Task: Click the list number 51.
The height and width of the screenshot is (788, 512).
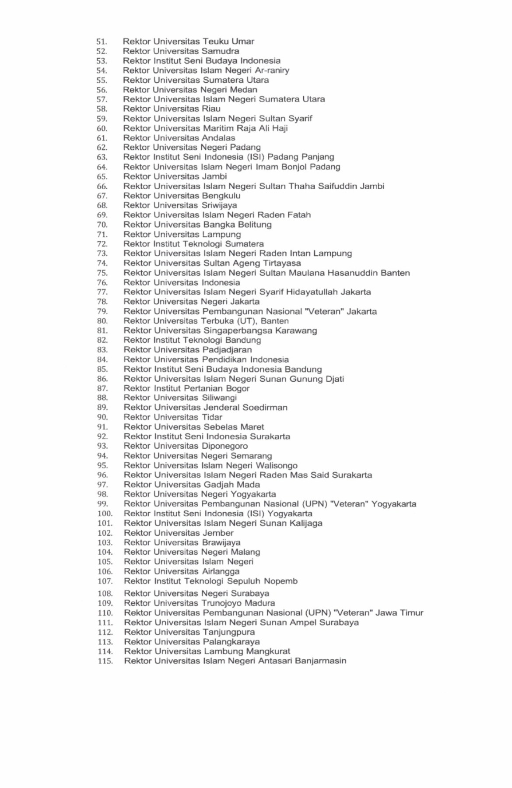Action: (102, 42)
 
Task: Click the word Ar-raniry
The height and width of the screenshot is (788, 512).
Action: (272, 70)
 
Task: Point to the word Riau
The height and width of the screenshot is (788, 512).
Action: (211, 109)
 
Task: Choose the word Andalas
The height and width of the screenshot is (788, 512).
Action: (218, 138)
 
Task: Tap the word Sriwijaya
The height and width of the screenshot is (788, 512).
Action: (219, 205)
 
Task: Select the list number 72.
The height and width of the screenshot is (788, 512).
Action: (102, 244)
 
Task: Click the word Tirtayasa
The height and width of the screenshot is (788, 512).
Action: (282, 263)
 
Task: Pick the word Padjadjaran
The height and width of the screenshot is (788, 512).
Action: (227, 350)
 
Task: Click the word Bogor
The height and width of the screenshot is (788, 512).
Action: (238, 388)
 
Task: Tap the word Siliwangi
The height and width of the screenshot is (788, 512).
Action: (219, 398)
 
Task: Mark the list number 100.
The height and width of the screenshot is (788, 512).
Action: (105, 514)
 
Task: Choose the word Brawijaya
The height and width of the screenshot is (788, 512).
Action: (221, 542)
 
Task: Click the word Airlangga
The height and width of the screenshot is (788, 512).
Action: (221, 571)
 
